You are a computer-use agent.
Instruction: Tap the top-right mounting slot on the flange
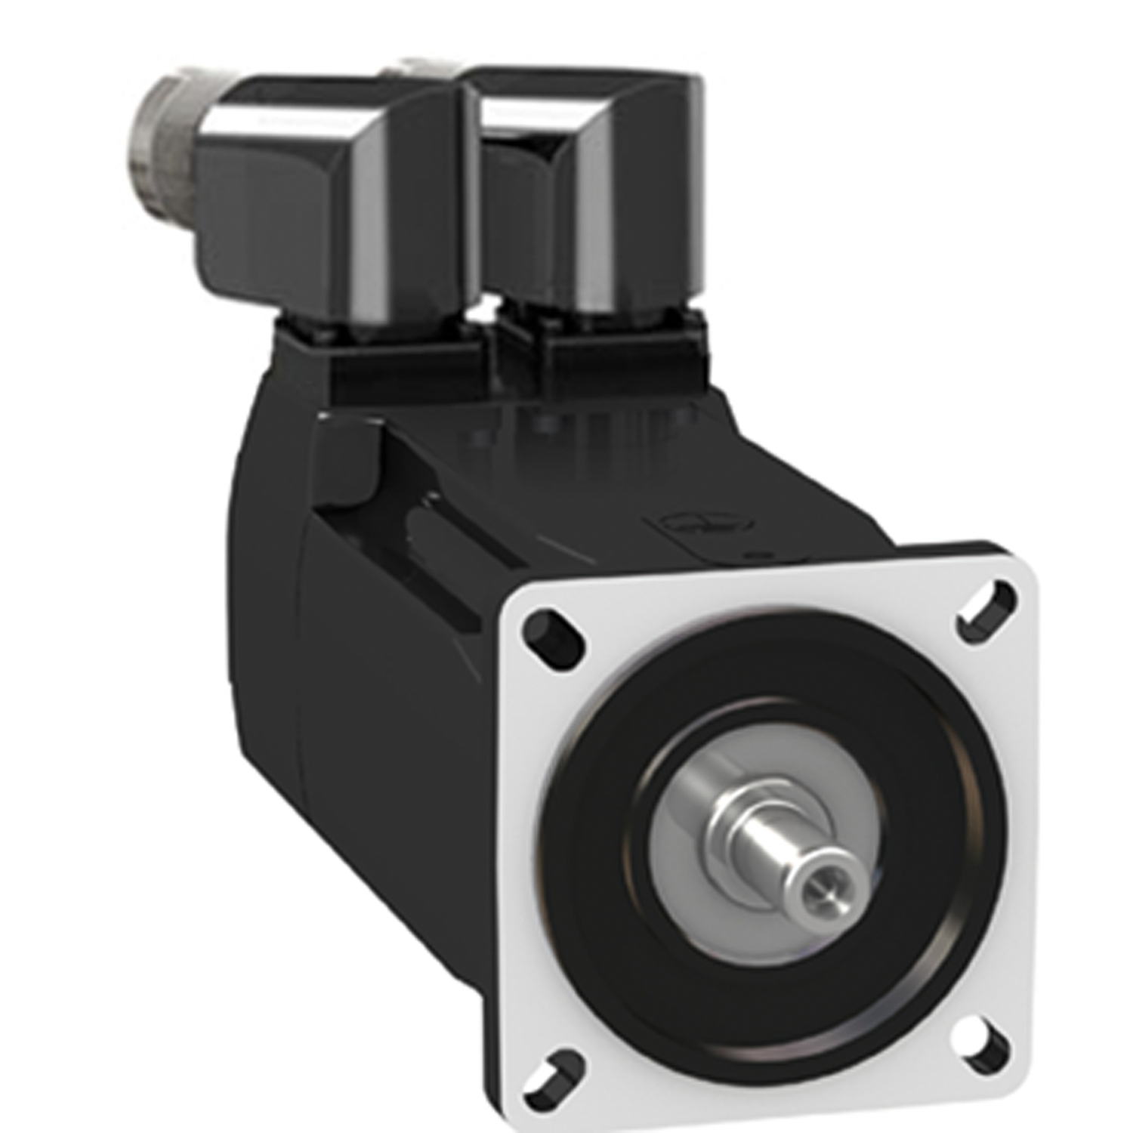pos(986,606)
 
